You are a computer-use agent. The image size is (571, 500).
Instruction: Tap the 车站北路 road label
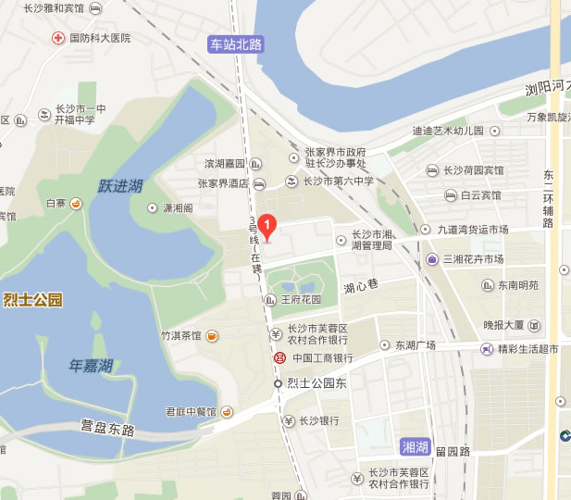point(236,44)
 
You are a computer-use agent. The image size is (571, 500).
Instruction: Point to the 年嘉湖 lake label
point(91,366)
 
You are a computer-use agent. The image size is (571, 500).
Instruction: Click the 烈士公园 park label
point(32,299)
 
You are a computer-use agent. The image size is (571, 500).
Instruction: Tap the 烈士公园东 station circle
point(277,383)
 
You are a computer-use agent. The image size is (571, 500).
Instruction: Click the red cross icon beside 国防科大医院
point(57,38)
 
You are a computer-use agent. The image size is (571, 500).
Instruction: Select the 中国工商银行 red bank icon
point(278,358)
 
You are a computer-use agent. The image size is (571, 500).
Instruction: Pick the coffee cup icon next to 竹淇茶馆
point(212,334)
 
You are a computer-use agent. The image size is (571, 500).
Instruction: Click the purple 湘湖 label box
point(416,447)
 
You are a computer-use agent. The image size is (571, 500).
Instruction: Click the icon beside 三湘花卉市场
point(432,258)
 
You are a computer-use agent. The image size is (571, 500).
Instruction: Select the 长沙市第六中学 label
point(339,181)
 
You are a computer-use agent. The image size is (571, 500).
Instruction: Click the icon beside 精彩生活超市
point(486,348)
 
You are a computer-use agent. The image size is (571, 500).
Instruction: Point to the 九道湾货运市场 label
point(473,230)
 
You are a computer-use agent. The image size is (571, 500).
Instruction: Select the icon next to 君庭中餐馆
point(226,411)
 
